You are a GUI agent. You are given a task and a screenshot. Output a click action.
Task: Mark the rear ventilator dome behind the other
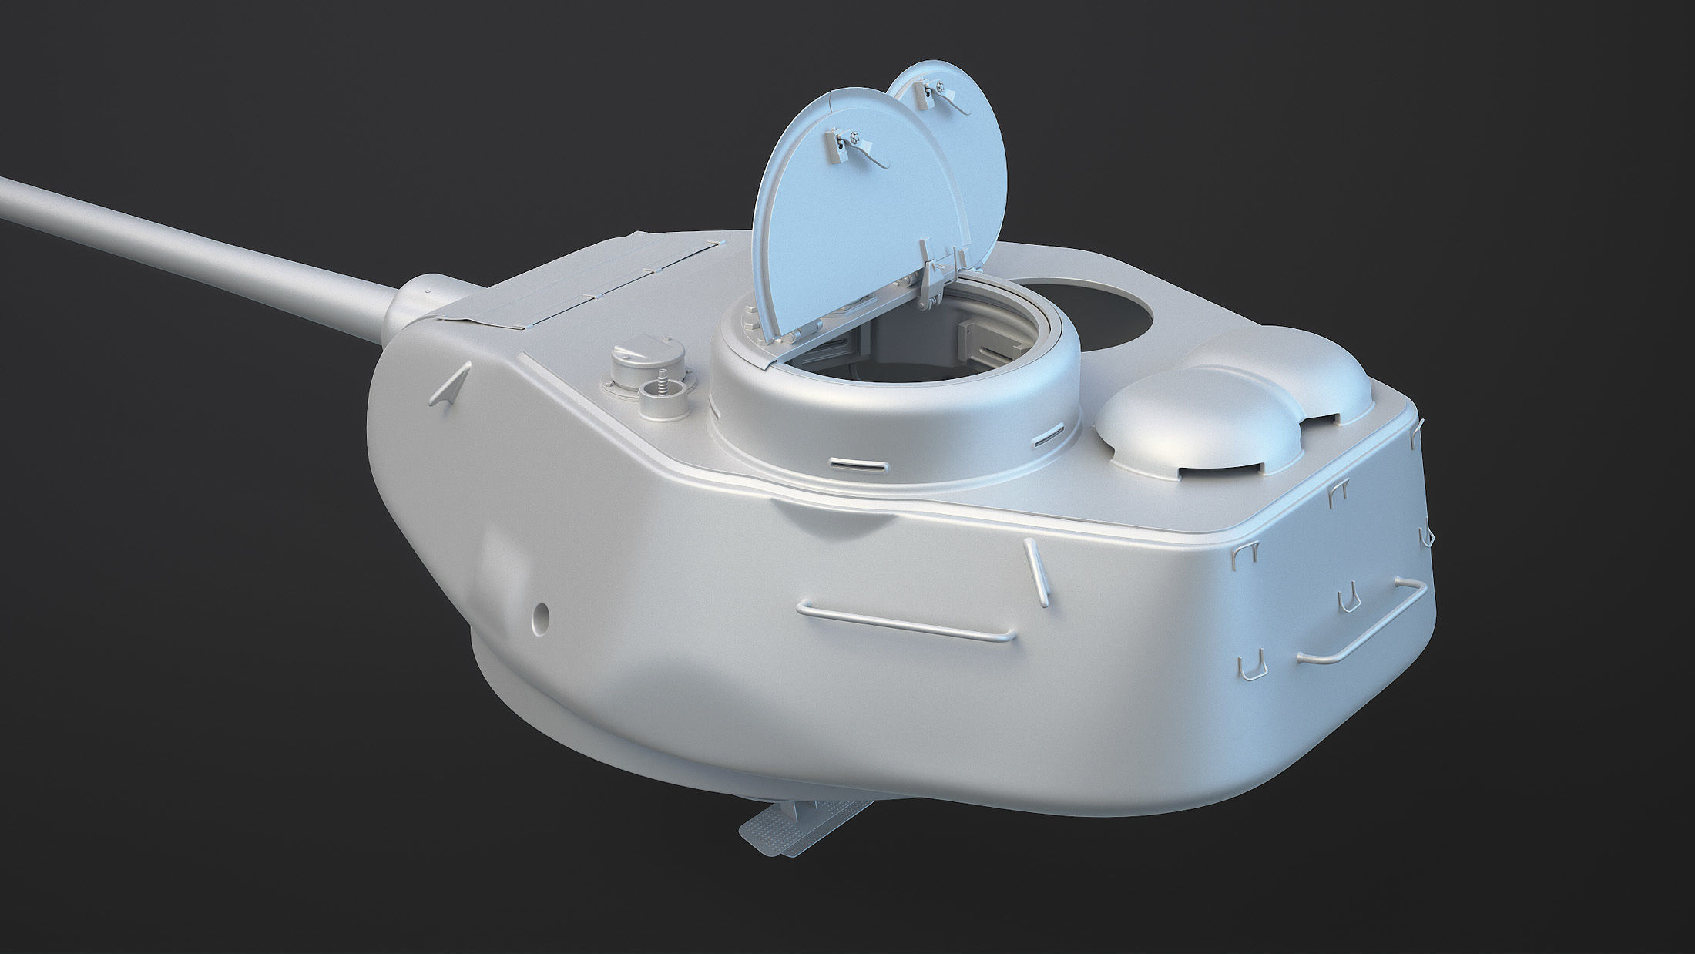click(x=1279, y=370)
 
